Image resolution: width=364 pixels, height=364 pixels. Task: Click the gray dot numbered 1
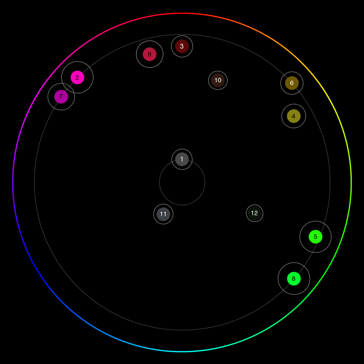(x=182, y=159)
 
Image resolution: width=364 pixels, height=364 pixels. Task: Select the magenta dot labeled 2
(x=77, y=77)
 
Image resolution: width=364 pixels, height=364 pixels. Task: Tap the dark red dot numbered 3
(x=182, y=46)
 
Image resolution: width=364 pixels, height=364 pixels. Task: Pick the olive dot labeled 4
(x=293, y=116)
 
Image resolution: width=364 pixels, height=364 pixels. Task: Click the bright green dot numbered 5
(x=315, y=237)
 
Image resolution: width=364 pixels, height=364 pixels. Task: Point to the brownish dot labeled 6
(x=292, y=83)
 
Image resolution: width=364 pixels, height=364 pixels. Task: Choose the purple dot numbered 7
(x=61, y=96)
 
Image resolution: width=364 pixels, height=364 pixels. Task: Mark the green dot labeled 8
(x=294, y=278)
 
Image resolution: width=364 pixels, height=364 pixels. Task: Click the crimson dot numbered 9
(x=150, y=54)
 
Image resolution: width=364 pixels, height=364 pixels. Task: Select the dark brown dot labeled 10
(x=218, y=80)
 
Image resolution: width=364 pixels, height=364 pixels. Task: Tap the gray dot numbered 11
(x=163, y=214)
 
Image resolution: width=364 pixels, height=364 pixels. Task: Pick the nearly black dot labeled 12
(x=254, y=213)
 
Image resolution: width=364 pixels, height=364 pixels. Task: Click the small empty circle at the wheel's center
(x=182, y=182)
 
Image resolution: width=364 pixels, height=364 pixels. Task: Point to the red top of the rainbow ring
(x=182, y=13)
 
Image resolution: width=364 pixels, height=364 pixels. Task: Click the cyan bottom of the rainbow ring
(x=182, y=352)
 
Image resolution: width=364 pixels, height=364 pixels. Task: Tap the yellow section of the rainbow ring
(x=329, y=98)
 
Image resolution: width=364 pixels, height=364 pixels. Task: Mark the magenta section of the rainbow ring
(x=35, y=98)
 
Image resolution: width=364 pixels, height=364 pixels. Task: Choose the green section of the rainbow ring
(x=329, y=267)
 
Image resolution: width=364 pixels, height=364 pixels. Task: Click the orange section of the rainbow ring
(x=267, y=36)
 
